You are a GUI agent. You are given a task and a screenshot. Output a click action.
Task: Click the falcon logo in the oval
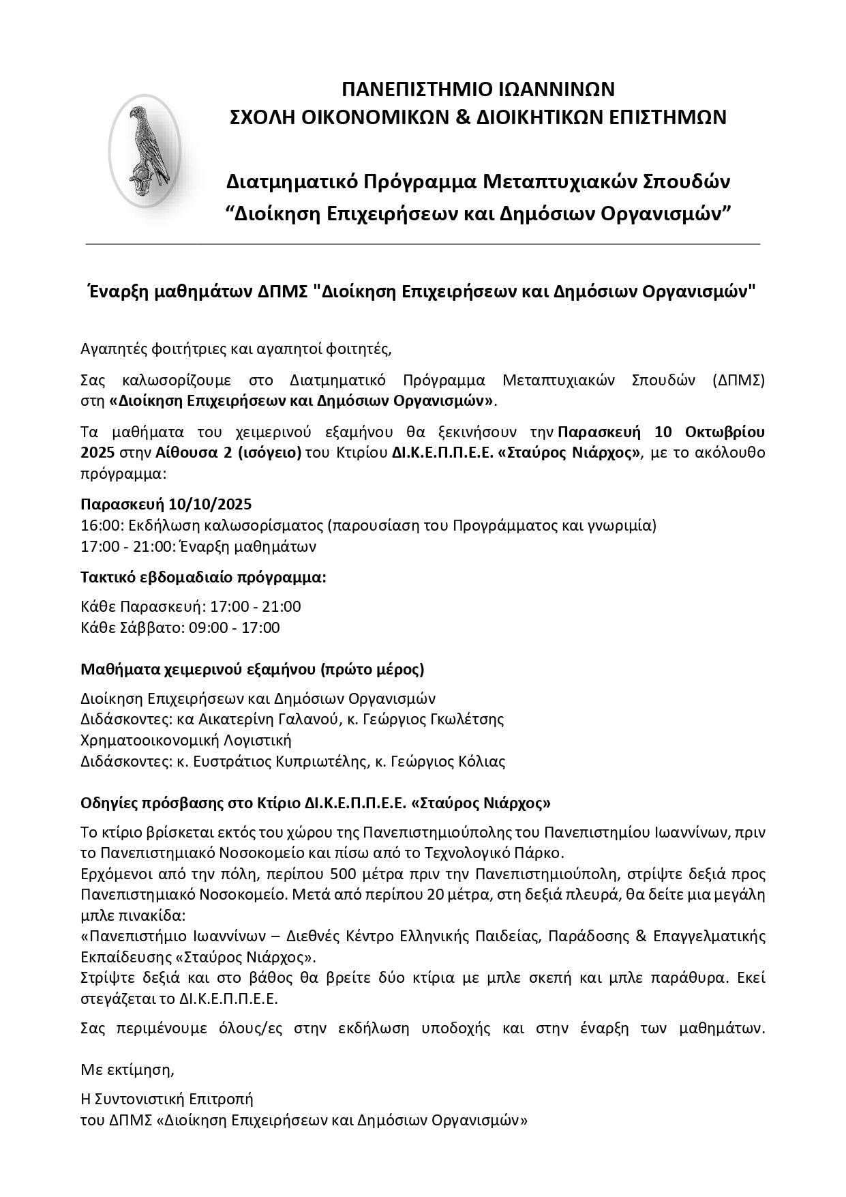[x=145, y=151]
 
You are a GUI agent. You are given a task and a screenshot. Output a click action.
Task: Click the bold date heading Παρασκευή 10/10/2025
[x=166, y=504]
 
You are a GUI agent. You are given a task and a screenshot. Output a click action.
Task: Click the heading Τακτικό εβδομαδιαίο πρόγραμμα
[x=203, y=577]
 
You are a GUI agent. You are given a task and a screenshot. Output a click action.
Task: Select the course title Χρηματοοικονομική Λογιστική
[x=185, y=740]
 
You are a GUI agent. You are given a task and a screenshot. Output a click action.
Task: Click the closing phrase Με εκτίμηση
[x=127, y=1069]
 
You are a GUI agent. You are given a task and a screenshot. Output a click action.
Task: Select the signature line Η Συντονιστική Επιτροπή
[x=166, y=1099]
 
